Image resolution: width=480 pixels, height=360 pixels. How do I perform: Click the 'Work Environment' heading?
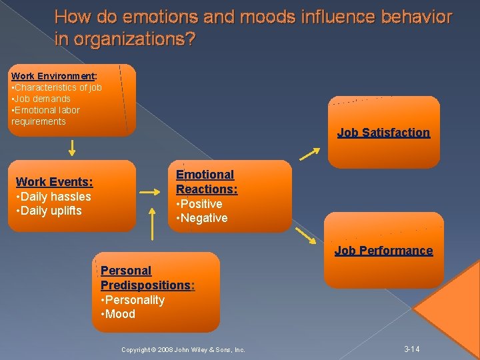(x=53, y=76)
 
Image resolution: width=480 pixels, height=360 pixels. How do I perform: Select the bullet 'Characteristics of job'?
(x=57, y=87)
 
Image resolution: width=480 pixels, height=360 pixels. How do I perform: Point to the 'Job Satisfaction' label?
(x=383, y=133)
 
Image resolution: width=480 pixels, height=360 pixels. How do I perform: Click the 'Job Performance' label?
(x=383, y=251)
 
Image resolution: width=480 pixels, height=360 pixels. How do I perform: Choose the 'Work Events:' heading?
(x=54, y=182)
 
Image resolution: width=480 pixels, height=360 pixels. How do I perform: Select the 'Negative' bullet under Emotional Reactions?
(x=201, y=218)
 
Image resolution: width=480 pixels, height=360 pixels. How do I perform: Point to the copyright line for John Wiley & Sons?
(x=183, y=350)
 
